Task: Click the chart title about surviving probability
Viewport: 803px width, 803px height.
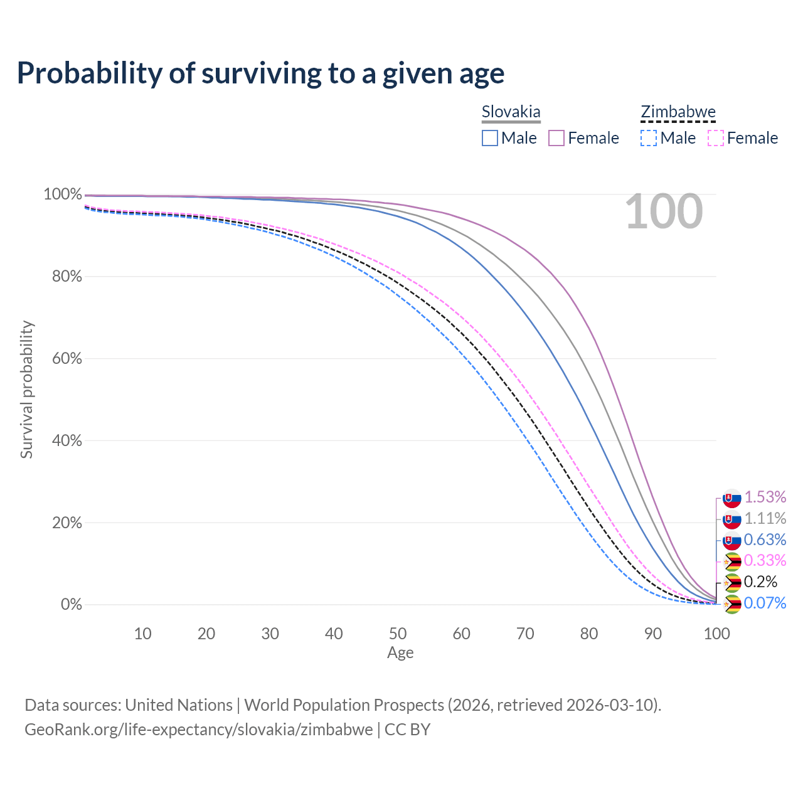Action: (x=260, y=73)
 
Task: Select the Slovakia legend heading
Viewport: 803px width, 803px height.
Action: (x=511, y=112)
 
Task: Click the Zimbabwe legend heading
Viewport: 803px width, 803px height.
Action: (x=678, y=112)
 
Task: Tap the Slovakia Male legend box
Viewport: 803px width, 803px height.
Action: (x=490, y=138)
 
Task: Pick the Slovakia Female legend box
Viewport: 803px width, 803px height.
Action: (x=557, y=138)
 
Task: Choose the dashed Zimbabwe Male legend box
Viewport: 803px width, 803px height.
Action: (x=649, y=138)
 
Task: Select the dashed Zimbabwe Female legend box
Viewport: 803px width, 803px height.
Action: (x=716, y=138)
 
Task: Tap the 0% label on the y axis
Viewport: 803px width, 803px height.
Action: (x=71, y=605)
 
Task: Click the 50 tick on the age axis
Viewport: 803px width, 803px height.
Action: (x=398, y=634)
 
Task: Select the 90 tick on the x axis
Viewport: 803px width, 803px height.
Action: (x=653, y=634)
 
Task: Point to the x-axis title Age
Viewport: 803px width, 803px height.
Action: (x=400, y=653)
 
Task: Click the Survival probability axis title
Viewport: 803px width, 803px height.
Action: (x=26, y=390)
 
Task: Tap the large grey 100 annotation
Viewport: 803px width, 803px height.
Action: (x=664, y=212)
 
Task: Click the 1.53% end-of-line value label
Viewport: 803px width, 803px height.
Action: (x=765, y=497)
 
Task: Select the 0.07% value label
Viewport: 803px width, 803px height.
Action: (x=765, y=604)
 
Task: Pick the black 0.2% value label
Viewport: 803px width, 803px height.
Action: (x=760, y=582)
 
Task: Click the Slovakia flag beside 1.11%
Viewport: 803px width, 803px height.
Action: (x=731, y=519)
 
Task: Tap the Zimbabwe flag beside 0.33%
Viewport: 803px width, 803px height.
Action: (x=731, y=561)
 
